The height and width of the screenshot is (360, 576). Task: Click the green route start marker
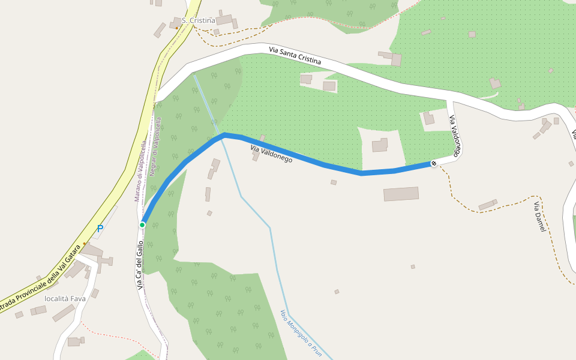pos(142,225)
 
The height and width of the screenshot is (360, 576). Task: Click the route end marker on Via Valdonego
pos(434,163)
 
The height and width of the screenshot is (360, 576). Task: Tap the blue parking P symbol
pos(100,229)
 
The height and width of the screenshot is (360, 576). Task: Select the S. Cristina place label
pos(198,20)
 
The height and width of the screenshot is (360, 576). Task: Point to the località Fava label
pos(65,298)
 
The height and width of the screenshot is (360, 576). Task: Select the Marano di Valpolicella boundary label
pos(140,171)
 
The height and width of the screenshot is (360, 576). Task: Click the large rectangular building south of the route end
pos(401,194)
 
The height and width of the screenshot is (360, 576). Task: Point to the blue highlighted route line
pos(300,157)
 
